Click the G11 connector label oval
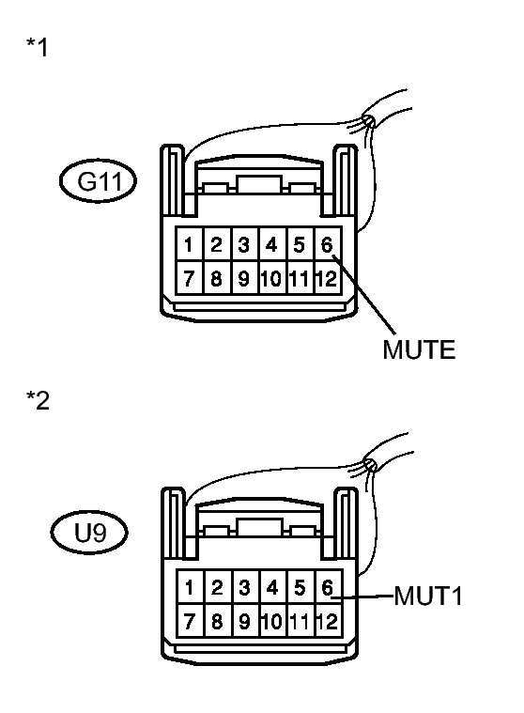click(98, 180)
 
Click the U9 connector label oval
click(89, 533)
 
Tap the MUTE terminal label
click(419, 349)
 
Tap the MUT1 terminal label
click(428, 596)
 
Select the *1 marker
click(38, 47)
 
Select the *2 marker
click(38, 400)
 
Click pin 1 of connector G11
click(190, 244)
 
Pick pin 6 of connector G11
click(327, 244)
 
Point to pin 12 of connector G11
click(327, 278)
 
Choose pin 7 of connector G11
click(190, 278)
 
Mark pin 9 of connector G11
click(244, 278)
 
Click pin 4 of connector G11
click(271, 244)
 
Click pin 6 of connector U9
click(328, 587)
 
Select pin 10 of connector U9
click(273, 621)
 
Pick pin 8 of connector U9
click(218, 621)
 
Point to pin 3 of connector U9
click(245, 587)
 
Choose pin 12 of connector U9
click(328, 621)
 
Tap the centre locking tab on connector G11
click(259, 184)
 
